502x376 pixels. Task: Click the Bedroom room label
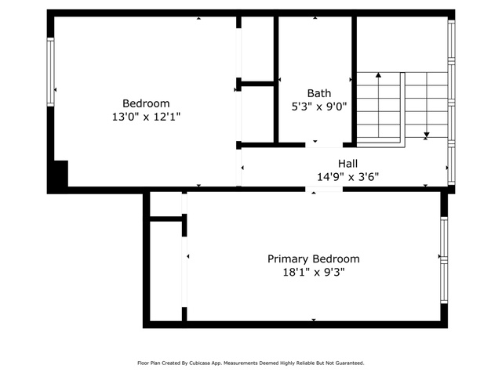pos(146,103)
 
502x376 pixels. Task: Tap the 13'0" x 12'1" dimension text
pos(146,117)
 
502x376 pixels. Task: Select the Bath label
pos(319,93)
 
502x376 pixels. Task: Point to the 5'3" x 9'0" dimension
pos(319,107)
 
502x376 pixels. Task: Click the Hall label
pos(347,164)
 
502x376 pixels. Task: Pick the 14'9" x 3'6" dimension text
pos(347,177)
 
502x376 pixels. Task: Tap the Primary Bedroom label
pos(314,259)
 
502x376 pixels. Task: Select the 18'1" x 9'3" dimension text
pos(314,273)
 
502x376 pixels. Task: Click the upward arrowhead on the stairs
pos(378,75)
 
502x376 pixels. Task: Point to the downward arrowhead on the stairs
pos(426,135)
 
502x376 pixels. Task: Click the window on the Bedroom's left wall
pos(50,72)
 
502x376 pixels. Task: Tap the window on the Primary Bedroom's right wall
pos(444,260)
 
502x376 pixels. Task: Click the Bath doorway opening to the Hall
pos(324,145)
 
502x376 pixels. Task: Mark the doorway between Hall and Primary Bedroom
pos(324,190)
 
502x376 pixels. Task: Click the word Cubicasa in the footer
pos(198,363)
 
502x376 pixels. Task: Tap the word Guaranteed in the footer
pos(351,363)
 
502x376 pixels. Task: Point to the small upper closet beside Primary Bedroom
pos(166,204)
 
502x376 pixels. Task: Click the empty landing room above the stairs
pos(402,44)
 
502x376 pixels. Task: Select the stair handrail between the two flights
pos(402,110)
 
